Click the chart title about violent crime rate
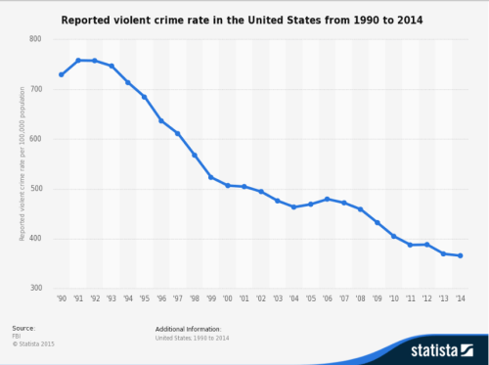(244, 19)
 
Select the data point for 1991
(78, 61)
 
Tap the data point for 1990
(62, 74)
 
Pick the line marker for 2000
(228, 185)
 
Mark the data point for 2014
(460, 256)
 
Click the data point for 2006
(328, 199)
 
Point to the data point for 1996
(161, 120)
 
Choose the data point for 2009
(378, 222)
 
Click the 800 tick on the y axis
(35, 39)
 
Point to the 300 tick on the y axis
(35, 289)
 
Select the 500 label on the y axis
(35, 189)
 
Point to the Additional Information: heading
(188, 329)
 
